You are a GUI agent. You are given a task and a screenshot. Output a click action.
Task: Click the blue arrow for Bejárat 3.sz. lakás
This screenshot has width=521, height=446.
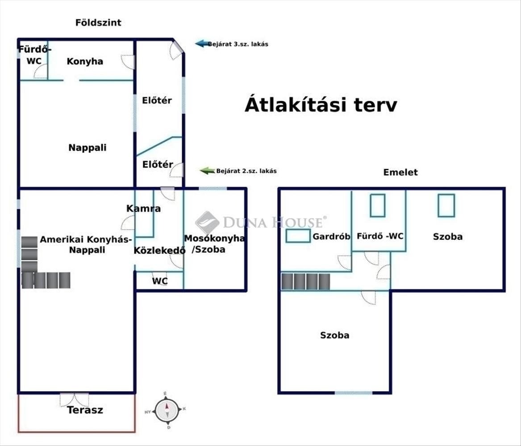202,43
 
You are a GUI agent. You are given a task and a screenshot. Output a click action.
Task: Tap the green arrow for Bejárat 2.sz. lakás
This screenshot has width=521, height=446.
207,170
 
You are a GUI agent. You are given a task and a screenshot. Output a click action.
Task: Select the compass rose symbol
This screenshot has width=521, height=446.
167,410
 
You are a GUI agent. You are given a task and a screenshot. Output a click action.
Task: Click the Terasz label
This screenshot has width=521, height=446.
85,410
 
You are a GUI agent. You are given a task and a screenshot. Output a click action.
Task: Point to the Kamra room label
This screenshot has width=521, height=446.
144,208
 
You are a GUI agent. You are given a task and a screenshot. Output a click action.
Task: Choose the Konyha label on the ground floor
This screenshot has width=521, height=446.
85,62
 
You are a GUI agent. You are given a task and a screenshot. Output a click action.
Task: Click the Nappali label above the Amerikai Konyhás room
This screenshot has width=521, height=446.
88,148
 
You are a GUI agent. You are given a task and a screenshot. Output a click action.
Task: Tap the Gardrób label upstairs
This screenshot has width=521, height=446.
331,236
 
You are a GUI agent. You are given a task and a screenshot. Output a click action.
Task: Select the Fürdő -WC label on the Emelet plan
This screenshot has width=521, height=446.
380,236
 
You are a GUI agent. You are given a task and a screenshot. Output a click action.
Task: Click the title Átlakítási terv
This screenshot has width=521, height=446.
321,104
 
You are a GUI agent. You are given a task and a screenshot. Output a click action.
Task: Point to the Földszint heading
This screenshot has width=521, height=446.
98,23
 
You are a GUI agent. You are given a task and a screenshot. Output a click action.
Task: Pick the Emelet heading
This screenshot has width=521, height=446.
400,172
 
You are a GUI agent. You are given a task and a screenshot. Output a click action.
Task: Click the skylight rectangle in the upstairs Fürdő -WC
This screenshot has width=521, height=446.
378,206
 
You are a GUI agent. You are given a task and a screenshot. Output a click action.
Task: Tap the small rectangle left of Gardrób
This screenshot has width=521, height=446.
298,235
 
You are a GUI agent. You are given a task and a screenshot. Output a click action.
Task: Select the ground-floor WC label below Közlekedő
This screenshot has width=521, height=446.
160,281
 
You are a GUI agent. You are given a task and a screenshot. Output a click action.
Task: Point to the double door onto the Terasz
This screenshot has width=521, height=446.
75,400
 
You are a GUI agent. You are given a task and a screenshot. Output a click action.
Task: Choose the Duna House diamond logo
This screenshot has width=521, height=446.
207,223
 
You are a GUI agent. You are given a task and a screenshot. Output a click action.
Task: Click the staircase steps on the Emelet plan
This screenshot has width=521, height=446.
306,281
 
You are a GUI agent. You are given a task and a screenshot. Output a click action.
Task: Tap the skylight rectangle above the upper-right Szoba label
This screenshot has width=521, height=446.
446,206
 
